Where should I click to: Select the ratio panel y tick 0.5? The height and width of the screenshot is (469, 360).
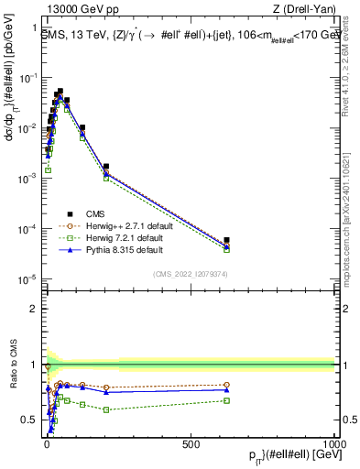click(x=29, y=420)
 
